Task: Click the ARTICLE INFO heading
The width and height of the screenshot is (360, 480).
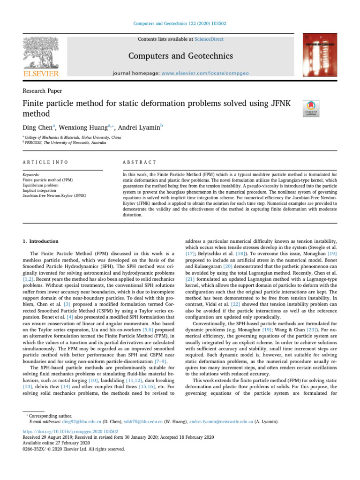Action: (x=45, y=162)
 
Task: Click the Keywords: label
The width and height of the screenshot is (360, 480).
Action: (x=31, y=174)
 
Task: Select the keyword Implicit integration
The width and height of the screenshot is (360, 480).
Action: (x=43, y=190)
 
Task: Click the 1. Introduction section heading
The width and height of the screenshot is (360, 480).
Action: (x=41, y=241)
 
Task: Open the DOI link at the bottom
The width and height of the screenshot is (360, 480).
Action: (x=70, y=431)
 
